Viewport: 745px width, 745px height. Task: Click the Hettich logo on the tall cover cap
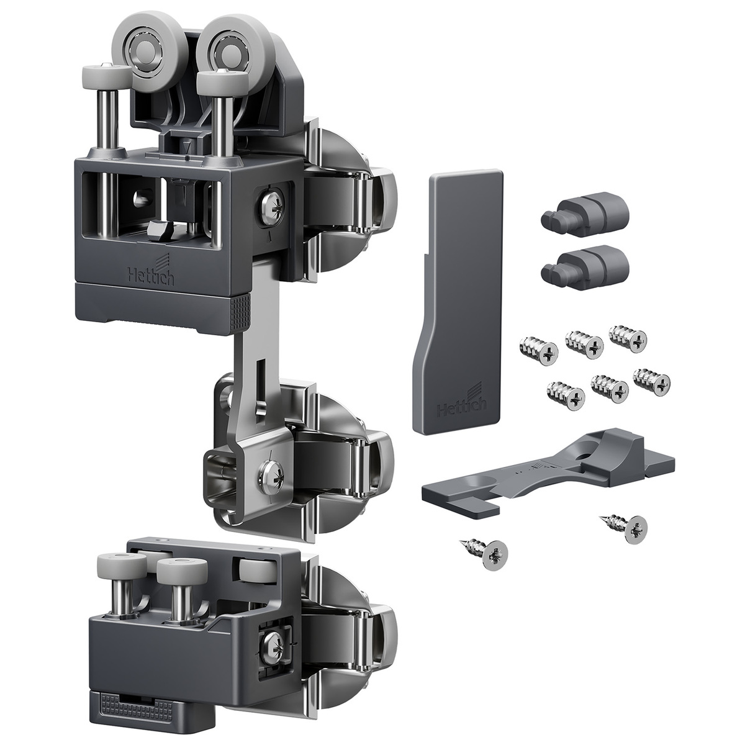[462, 402]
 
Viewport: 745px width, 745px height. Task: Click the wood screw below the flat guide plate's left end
[485, 551]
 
